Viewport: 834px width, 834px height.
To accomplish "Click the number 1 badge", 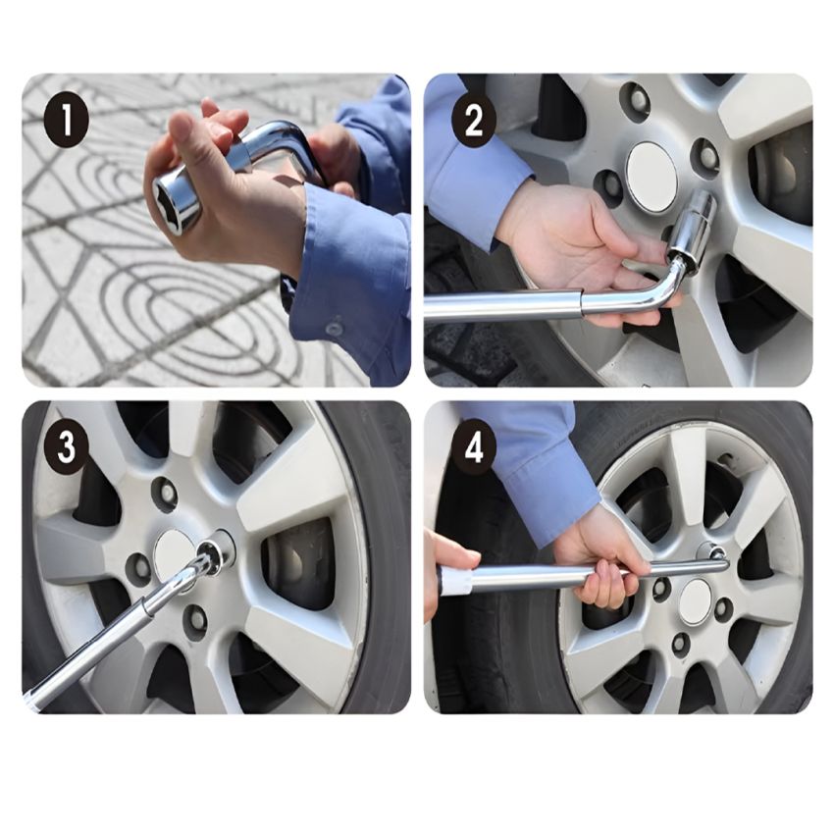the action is (x=66, y=122).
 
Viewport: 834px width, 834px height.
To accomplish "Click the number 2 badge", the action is (x=473, y=122).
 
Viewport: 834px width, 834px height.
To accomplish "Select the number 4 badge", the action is (x=473, y=447).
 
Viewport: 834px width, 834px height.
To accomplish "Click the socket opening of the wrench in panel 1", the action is (x=169, y=199).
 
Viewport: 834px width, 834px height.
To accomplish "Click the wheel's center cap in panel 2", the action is (x=652, y=169).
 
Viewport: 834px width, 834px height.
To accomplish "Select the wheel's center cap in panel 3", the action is (x=176, y=553).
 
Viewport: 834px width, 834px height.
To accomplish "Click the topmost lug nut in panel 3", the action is (x=166, y=495).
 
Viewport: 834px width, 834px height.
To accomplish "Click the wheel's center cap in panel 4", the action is (x=695, y=602).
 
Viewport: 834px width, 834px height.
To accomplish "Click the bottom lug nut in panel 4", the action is (x=681, y=643).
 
